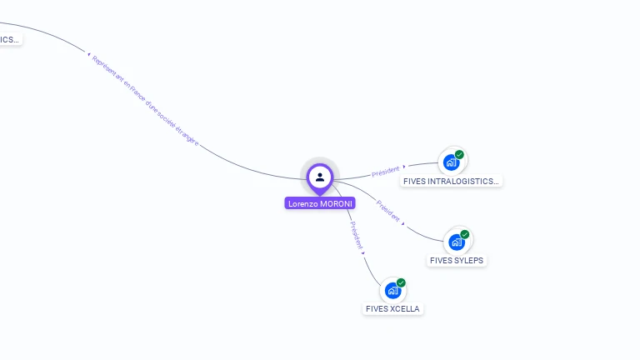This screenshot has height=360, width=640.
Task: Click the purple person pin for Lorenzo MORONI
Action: point(320,177)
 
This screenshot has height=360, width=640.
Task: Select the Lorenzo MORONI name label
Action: point(320,203)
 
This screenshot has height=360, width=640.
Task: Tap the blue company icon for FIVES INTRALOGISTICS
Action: point(451,162)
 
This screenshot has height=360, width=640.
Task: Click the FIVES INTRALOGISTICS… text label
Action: point(452,181)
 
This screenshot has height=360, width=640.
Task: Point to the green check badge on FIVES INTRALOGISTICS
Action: point(459,155)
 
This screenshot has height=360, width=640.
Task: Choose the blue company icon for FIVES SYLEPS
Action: point(456,242)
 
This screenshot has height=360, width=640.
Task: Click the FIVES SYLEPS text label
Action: point(457,260)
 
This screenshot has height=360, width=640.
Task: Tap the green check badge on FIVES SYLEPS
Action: point(464,235)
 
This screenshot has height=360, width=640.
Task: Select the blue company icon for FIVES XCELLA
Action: point(392,291)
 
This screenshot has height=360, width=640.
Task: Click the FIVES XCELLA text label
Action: point(393,309)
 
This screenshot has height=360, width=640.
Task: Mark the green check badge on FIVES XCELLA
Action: point(401,283)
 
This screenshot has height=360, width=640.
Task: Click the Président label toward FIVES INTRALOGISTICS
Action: point(386,171)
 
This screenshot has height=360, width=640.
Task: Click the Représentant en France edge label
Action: point(145,101)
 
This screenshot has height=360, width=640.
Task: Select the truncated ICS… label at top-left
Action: point(9,39)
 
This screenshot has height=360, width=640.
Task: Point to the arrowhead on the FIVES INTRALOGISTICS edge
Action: point(404,167)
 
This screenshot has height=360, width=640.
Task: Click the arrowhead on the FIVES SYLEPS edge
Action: point(404,223)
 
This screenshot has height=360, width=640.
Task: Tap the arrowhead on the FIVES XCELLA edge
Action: point(363,252)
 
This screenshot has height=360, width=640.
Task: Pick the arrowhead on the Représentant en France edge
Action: point(88,55)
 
